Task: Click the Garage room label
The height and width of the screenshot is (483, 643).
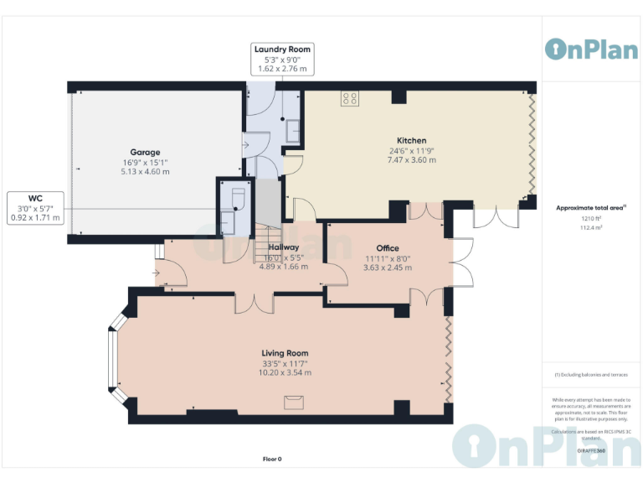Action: coord(145,153)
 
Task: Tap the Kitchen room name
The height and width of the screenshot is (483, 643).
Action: coord(411,140)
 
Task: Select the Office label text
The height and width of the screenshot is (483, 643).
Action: coord(388,248)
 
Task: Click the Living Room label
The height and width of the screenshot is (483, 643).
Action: coord(285,353)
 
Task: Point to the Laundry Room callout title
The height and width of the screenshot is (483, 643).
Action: coord(282,49)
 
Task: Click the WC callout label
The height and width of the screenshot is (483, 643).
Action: coord(35,198)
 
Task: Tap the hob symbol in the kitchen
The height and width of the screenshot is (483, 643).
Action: coord(350,100)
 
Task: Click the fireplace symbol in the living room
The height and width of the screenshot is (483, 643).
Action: coord(293,403)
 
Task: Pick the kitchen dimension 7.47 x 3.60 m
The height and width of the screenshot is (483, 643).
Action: coord(411,160)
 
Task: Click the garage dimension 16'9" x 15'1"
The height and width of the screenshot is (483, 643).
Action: coord(145,163)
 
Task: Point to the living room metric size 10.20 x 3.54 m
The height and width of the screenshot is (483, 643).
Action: coord(285,373)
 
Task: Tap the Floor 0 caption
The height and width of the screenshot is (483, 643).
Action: coord(272,459)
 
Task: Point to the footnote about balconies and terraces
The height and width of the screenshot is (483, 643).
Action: coord(591,375)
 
